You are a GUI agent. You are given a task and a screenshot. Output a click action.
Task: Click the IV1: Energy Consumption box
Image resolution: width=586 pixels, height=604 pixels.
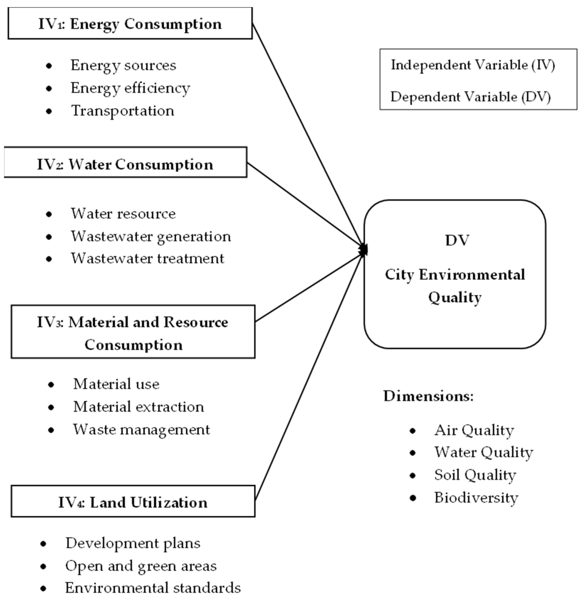(130, 24)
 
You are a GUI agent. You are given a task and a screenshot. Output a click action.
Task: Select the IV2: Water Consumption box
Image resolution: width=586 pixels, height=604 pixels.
(125, 164)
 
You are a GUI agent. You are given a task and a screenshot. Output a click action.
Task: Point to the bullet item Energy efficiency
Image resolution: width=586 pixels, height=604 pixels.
(130, 88)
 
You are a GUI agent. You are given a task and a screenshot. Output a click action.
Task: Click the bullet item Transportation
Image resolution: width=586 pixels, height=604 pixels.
(123, 111)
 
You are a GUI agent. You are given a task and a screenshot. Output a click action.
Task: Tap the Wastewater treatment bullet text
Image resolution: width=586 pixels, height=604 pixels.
(148, 259)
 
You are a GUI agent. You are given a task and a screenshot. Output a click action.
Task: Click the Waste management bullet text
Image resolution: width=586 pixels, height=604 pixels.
(141, 430)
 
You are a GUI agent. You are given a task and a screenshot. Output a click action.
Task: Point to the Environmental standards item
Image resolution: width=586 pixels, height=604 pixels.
(153, 588)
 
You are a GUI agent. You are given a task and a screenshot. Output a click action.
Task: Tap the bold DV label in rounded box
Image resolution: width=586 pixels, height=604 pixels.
(457, 240)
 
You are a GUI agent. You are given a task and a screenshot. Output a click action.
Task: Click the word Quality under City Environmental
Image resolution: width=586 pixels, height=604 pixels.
(455, 298)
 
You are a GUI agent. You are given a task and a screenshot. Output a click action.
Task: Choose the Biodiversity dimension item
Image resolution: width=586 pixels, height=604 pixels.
(476, 498)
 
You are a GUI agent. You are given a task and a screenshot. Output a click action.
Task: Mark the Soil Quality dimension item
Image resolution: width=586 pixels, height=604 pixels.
(475, 475)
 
